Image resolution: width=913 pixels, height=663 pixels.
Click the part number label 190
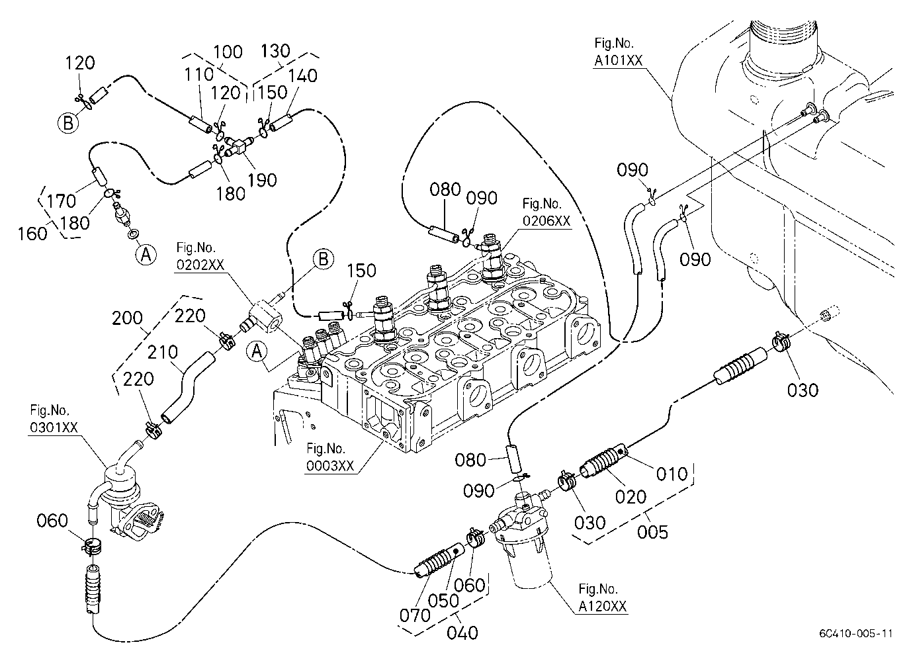pyautogui.click(x=263, y=180)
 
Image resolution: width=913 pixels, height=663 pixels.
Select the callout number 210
pyautogui.click(x=163, y=352)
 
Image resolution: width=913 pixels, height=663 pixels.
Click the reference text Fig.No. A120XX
pyautogui.click(x=602, y=597)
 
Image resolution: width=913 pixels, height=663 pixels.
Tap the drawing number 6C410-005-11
pyautogui.click(x=856, y=633)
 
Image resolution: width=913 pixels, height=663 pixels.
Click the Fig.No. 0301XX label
pyautogui.click(x=54, y=418)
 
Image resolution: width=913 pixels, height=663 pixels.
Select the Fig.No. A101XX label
pyautogui.click(x=618, y=52)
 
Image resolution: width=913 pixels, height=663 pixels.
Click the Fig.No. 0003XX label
pyautogui.click(x=329, y=457)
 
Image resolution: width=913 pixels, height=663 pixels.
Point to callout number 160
pyautogui.click(x=32, y=234)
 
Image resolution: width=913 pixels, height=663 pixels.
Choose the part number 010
pyautogui.click(x=672, y=474)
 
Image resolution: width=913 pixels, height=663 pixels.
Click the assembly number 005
pyautogui.click(x=652, y=532)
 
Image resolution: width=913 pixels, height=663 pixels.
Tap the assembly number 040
pyautogui.click(x=462, y=633)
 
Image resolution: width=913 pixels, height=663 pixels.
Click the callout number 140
pyautogui.click(x=302, y=76)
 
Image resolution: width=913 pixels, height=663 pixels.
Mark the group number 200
pyautogui.click(x=127, y=318)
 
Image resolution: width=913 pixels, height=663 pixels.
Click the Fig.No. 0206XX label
pyautogui.click(x=546, y=212)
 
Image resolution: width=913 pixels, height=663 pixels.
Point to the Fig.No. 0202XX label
pyautogui.click(x=200, y=256)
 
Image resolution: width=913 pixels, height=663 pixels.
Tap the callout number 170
pyautogui.click(x=61, y=201)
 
